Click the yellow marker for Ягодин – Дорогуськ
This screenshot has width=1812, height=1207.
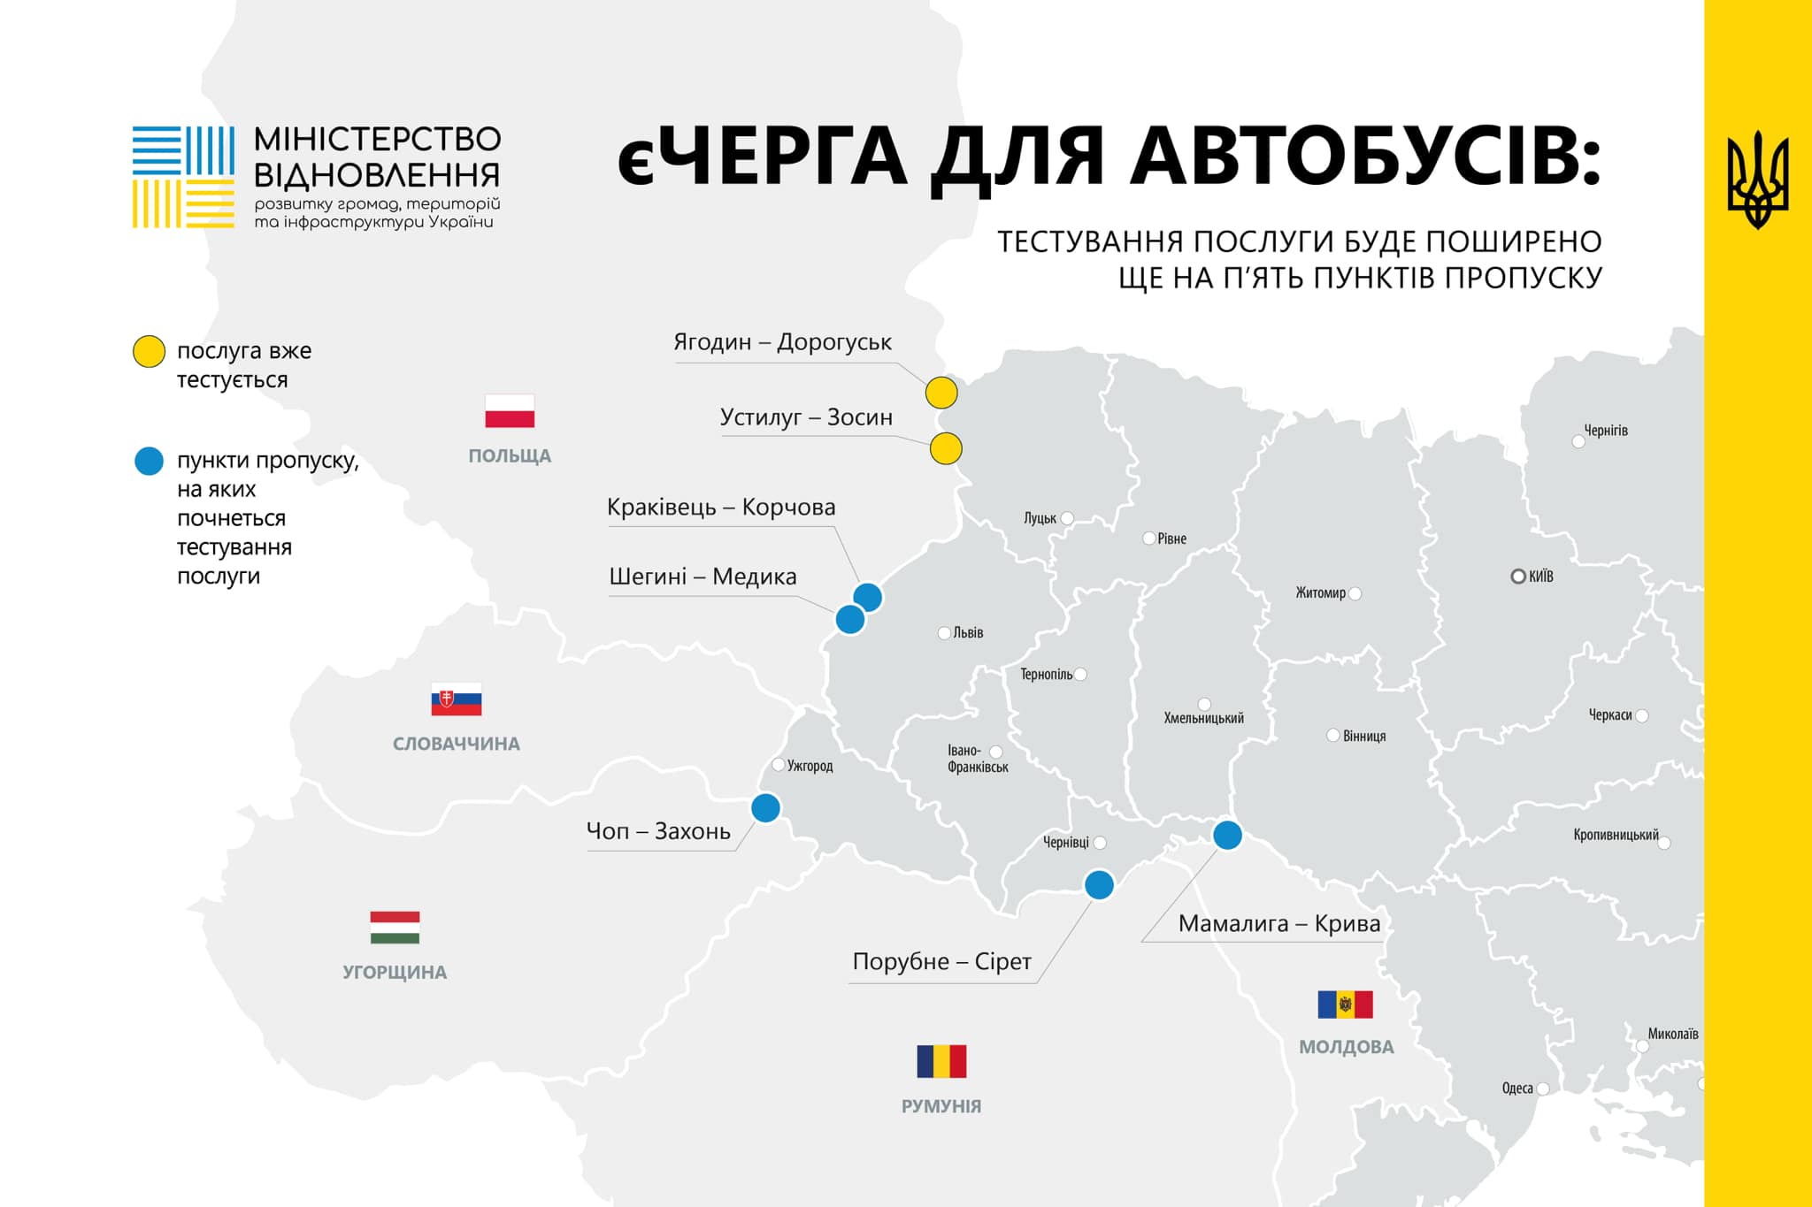(941, 393)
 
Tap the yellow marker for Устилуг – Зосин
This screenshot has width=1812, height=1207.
(946, 449)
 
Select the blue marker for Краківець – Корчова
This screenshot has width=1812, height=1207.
(868, 598)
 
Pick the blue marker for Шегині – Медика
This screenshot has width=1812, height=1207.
(850, 620)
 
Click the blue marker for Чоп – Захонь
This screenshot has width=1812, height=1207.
(765, 807)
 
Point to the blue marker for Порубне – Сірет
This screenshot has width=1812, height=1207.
(1099, 884)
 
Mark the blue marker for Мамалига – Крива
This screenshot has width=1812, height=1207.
(1227, 835)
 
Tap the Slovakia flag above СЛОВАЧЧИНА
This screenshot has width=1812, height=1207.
(457, 699)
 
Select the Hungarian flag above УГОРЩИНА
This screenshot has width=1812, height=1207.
(395, 928)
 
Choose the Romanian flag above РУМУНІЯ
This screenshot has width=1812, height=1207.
(941, 1061)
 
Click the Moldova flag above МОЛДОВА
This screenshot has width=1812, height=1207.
(1345, 1005)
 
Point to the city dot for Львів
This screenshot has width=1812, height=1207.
(944, 633)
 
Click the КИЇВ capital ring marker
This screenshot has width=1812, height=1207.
(1518, 577)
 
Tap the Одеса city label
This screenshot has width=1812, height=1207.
(1517, 1089)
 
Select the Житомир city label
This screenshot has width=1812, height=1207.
(1320, 593)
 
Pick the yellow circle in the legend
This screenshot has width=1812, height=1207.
(149, 351)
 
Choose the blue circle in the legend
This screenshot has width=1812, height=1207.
(149, 461)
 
